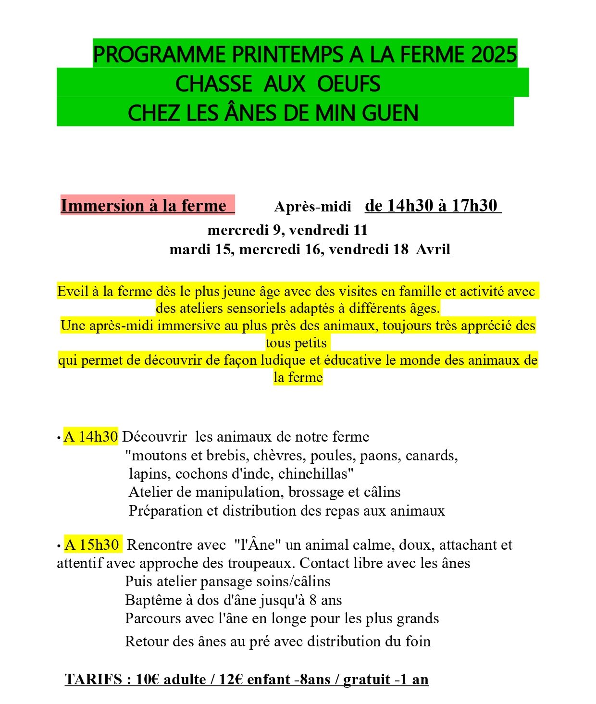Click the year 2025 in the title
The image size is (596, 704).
494,55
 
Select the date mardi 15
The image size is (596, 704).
200,249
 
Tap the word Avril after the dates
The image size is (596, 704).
433,249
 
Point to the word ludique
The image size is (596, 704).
283,360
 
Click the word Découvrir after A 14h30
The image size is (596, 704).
154,436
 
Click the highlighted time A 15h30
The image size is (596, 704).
92,544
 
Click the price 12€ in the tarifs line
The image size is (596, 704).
231,679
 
